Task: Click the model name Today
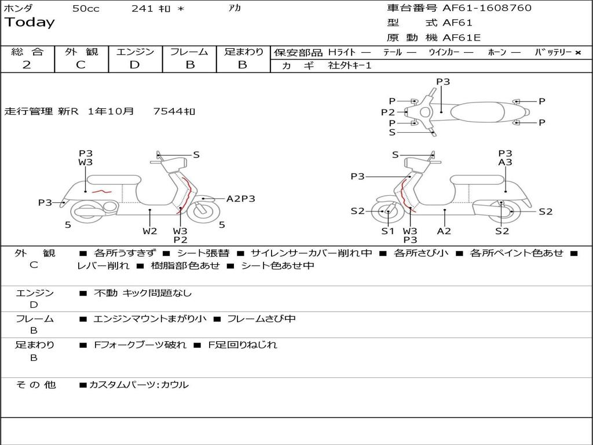30,23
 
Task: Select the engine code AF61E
462,38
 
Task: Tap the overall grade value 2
27,65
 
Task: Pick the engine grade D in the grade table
134,65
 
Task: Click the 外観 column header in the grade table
81,52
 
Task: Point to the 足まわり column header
243,52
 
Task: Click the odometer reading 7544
169,111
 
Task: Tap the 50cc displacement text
86,9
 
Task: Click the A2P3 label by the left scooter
240,199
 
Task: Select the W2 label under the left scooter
150,231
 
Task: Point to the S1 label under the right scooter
387,231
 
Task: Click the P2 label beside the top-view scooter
387,112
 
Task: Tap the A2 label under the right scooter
444,231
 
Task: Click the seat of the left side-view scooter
110,178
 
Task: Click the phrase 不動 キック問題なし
142,293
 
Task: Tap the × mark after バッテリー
577,53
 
